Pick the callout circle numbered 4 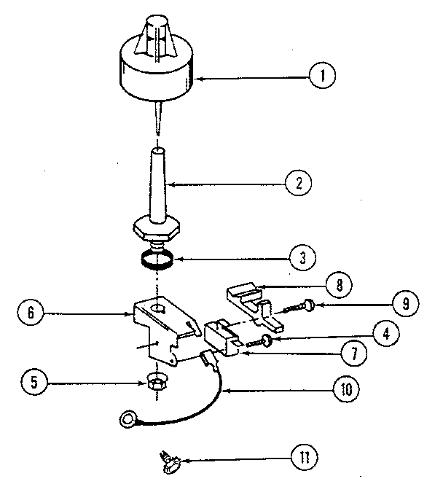pos(386,334)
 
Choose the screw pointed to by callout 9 pos(299,307)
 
